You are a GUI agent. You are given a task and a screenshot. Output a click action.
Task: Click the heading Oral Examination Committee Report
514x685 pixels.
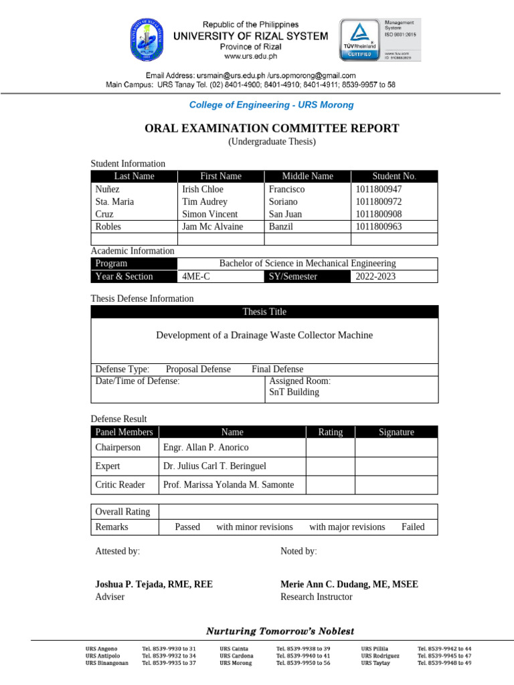tap(272, 128)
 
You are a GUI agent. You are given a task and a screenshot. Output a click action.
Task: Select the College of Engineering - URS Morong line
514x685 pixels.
tap(271, 105)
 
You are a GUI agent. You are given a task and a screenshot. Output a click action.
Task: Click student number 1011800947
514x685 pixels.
tap(378, 189)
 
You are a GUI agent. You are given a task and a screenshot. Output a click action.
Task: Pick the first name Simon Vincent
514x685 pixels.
tap(209, 214)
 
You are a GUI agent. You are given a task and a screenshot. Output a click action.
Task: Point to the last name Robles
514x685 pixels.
tap(108, 227)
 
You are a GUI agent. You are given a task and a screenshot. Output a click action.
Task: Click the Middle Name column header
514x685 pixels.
tap(307, 176)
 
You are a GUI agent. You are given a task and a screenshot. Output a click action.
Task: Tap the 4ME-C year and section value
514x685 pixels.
tap(195, 276)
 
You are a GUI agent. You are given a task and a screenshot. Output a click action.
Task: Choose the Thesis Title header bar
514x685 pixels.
tap(264, 312)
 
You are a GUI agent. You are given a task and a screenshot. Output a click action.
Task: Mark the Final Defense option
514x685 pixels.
tap(277, 369)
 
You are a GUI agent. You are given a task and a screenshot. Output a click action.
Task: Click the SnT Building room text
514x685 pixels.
tap(294, 392)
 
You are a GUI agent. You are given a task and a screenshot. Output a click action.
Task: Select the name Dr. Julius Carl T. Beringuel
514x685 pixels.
tap(219, 466)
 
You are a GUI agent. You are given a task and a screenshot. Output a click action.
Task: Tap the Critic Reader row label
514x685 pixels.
tap(120, 484)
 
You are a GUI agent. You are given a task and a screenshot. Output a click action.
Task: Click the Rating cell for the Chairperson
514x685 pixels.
tap(330, 447)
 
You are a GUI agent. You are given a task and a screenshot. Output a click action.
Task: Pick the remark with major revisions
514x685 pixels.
tap(347, 527)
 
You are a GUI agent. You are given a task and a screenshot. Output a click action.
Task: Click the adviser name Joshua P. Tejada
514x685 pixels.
tap(154, 584)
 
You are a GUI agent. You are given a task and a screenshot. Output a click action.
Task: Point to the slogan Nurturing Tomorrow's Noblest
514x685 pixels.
tap(280, 631)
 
